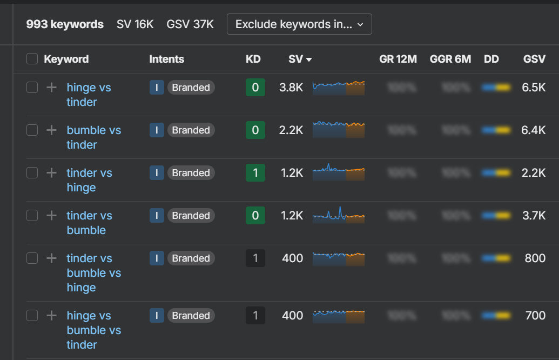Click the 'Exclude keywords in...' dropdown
tap(299, 24)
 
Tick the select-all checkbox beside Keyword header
tap(32, 59)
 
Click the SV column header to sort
tap(300, 59)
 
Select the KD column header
tap(253, 59)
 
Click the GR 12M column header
tap(398, 59)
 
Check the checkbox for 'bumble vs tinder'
tap(32, 130)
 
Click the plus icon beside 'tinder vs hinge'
tap(51, 172)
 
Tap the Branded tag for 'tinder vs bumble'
tap(191, 215)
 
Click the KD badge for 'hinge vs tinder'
tap(255, 88)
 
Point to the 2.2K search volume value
tap(291, 130)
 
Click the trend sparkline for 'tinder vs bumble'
tap(339, 215)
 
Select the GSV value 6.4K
tap(534, 130)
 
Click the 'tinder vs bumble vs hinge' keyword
tap(93, 272)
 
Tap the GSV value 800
tap(535, 258)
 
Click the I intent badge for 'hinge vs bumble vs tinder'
tap(157, 315)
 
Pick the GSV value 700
tap(535, 315)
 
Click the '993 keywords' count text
tap(65, 24)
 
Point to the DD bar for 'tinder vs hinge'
tap(496, 173)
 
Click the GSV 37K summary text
tap(190, 24)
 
